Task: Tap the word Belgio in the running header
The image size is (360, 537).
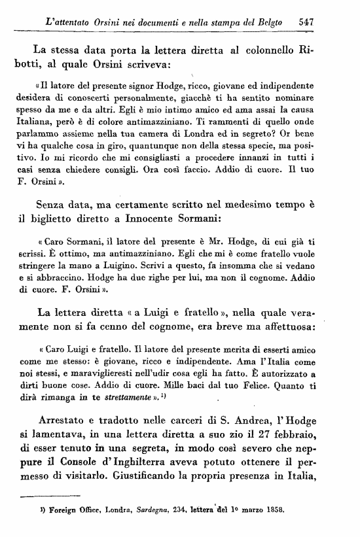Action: tap(266, 21)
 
